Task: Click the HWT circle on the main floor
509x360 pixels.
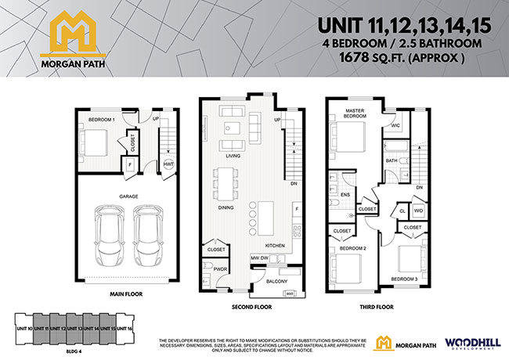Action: point(168,164)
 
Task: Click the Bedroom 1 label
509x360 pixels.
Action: point(102,119)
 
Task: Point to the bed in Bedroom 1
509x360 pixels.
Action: point(96,144)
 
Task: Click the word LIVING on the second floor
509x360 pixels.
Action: point(233,156)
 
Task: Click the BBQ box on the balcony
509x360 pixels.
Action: point(289,293)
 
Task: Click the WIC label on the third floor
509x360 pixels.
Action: point(396,125)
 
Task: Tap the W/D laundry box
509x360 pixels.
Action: point(418,211)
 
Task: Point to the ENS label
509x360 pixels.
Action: point(345,194)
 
